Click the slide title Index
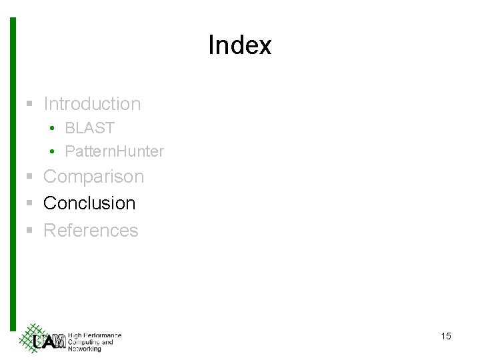(x=239, y=45)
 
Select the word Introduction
(x=92, y=104)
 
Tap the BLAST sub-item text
(x=89, y=128)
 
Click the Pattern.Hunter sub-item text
(x=114, y=151)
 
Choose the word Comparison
(x=93, y=177)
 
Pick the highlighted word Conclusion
(x=89, y=203)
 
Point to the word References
(x=91, y=231)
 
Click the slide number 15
(x=446, y=336)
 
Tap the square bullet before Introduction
(x=29, y=104)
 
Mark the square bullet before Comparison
(x=29, y=177)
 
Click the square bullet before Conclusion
(x=29, y=203)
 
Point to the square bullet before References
(x=29, y=231)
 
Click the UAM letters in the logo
(x=49, y=342)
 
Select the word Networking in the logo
(x=85, y=349)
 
